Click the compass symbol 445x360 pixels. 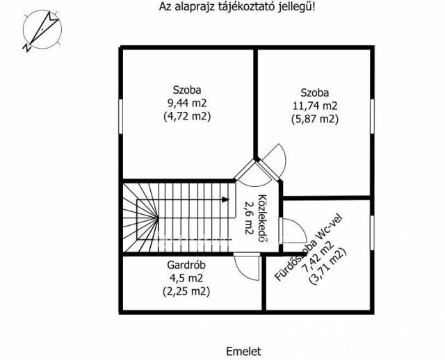(x=42, y=29)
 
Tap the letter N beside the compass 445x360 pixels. (x=26, y=48)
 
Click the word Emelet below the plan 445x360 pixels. (x=243, y=352)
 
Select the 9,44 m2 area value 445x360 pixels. (x=187, y=104)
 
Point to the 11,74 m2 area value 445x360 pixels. (x=315, y=106)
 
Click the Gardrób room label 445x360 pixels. (x=186, y=265)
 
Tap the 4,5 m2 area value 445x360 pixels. (x=186, y=278)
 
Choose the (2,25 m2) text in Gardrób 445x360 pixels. (x=186, y=291)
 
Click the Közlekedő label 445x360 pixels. (x=263, y=218)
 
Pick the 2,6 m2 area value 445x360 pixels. (x=249, y=218)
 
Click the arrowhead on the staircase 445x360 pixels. (x=225, y=199)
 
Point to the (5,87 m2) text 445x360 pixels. (x=315, y=119)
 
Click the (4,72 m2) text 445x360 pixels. (x=187, y=117)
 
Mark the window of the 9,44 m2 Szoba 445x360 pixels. (x=120, y=116)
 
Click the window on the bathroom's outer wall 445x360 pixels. (x=372, y=233)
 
